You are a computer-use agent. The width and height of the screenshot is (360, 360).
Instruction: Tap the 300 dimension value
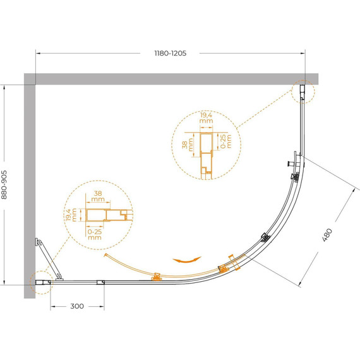tap(76, 306)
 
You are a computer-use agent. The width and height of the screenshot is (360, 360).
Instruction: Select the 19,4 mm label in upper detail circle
tap(205, 118)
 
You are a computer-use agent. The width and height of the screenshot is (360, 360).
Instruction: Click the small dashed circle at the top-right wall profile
tap(304, 92)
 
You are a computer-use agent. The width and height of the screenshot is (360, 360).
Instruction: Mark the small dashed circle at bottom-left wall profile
tap(40, 283)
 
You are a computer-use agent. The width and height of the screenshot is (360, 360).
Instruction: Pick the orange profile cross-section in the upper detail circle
tap(205, 149)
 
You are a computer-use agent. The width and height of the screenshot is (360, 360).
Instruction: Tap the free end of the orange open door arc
tap(104, 256)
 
